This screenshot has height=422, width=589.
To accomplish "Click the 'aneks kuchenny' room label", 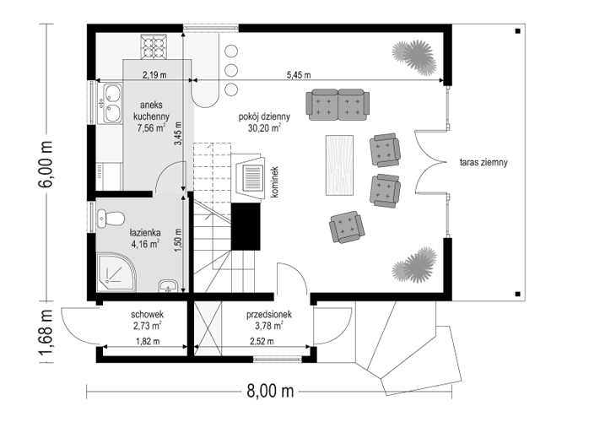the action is coord(151,111).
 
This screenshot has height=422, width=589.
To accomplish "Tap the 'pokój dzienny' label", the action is coord(264,116).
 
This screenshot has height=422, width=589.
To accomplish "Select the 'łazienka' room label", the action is coord(145,233).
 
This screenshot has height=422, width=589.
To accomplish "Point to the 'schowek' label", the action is coord(147,314).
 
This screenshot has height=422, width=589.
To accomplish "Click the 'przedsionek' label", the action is coord(269,315).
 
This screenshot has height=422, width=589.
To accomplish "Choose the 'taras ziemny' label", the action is coord(484,162).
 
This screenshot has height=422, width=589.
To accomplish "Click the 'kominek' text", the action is coord(274,182).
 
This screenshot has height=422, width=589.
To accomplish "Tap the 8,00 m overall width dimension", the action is coord(270,391).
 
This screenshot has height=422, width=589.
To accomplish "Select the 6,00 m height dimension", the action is coord(46,164).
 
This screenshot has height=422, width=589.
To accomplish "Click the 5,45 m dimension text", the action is coord(299,75).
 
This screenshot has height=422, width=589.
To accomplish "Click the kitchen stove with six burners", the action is coord(154,46).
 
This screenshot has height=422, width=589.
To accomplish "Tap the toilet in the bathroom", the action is coord(111,219).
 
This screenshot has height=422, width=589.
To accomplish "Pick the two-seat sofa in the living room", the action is coord(338,105).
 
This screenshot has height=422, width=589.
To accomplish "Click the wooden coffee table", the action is coord(339,165).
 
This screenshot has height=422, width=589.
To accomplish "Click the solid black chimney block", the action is coord(246,226).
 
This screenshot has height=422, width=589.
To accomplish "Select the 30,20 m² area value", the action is coord(264,128).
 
